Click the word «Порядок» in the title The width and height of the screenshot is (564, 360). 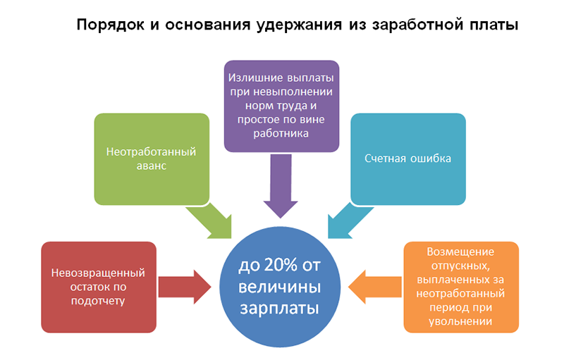pyautogui.click(x=111, y=25)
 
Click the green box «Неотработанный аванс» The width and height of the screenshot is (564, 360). pyautogui.click(x=152, y=159)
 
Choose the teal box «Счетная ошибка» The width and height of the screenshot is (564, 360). pyautogui.click(x=408, y=159)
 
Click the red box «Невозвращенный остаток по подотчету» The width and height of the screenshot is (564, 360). pyautogui.click(x=98, y=287)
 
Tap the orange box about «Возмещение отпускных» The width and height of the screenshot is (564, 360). pyautogui.click(x=461, y=287)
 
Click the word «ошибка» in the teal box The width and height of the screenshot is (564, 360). pyautogui.click(x=431, y=159)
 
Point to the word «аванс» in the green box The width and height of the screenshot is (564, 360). pyautogui.click(x=151, y=166)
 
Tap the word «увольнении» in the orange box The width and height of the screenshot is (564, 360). pyautogui.click(x=461, y=323)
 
